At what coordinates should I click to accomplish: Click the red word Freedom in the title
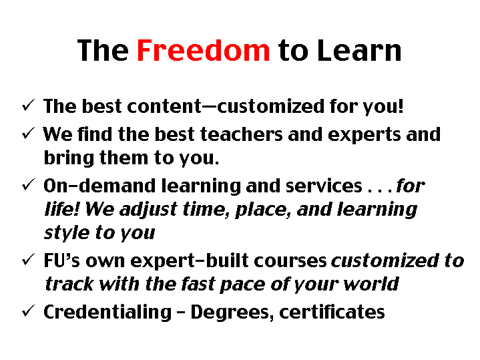pyautogui.click(x=204, y=51)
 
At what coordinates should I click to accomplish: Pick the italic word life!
pyautogui.click(x=61, y=210)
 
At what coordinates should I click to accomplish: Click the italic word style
pyautogui.click(x=65, y=233)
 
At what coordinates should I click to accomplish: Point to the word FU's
pyautogui.click(x=62, y=260)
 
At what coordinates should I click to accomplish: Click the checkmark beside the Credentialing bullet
pyautogui.click(x=28, y=311)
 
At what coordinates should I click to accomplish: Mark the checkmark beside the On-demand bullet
pyautogui.click(x=28, y=184)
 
